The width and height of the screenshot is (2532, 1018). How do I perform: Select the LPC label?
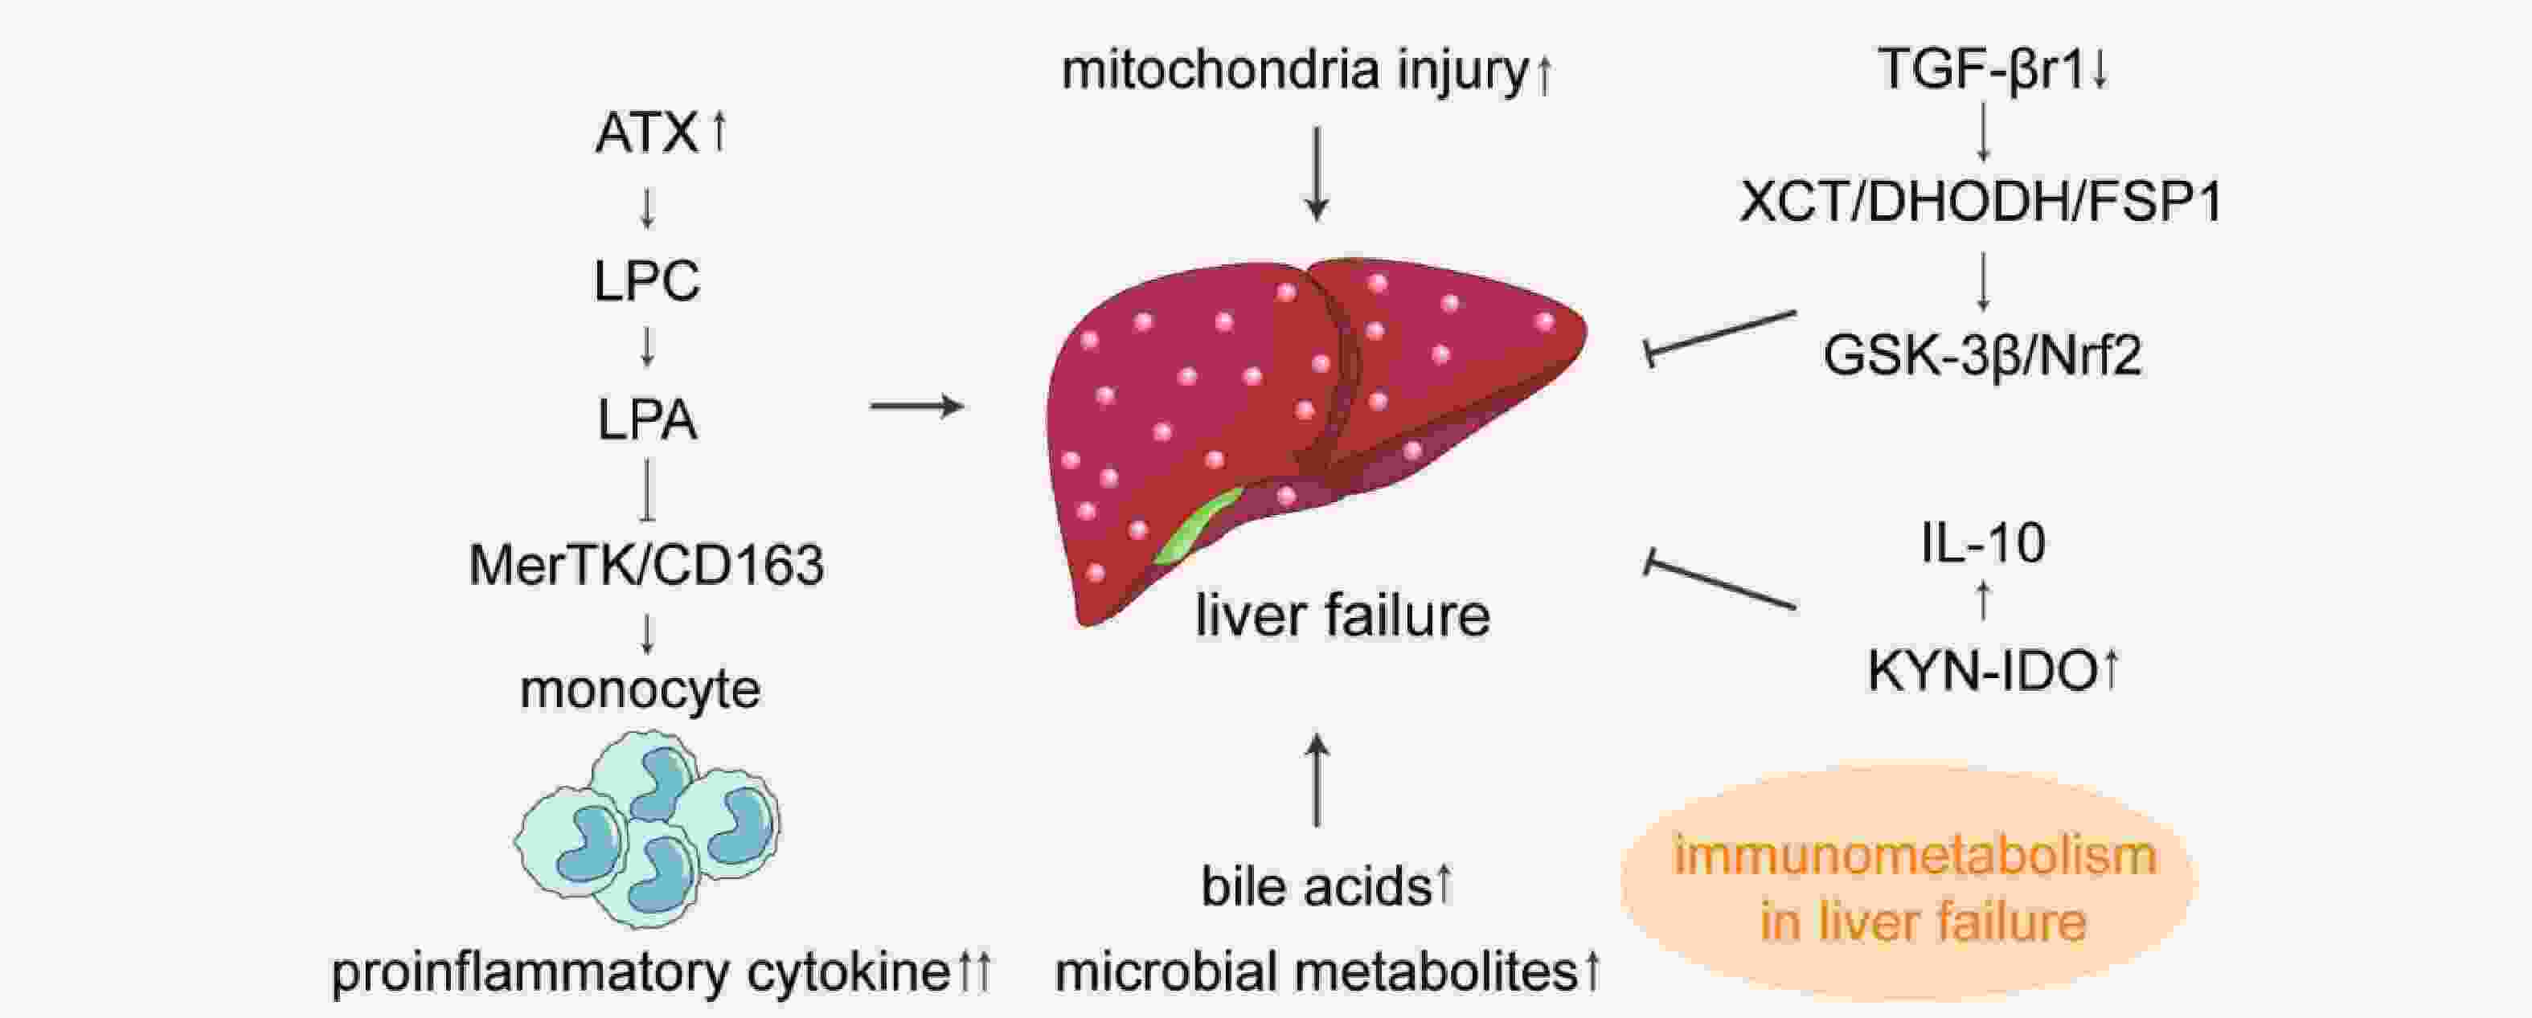(x=647, y=281)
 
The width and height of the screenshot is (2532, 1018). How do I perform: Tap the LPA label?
(x=648, y=420)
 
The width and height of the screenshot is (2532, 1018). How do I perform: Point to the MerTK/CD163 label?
(x=647, y=565)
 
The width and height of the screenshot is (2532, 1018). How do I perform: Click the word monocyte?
(x=640, y=689)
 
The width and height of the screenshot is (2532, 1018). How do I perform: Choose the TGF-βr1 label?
(x=1981, y=69)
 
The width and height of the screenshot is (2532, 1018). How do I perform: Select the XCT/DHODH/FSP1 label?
(x=1982, y=202)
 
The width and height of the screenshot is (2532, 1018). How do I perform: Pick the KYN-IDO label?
(x=1982, y=673)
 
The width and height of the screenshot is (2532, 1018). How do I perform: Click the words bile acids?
(x=1316, y=886)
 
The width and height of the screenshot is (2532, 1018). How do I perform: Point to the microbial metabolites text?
(x=1316, y=972)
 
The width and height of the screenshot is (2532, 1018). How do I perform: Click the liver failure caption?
(x=1342, y=615)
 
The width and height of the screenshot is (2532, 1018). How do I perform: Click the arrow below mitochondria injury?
(x=1317, y=173)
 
